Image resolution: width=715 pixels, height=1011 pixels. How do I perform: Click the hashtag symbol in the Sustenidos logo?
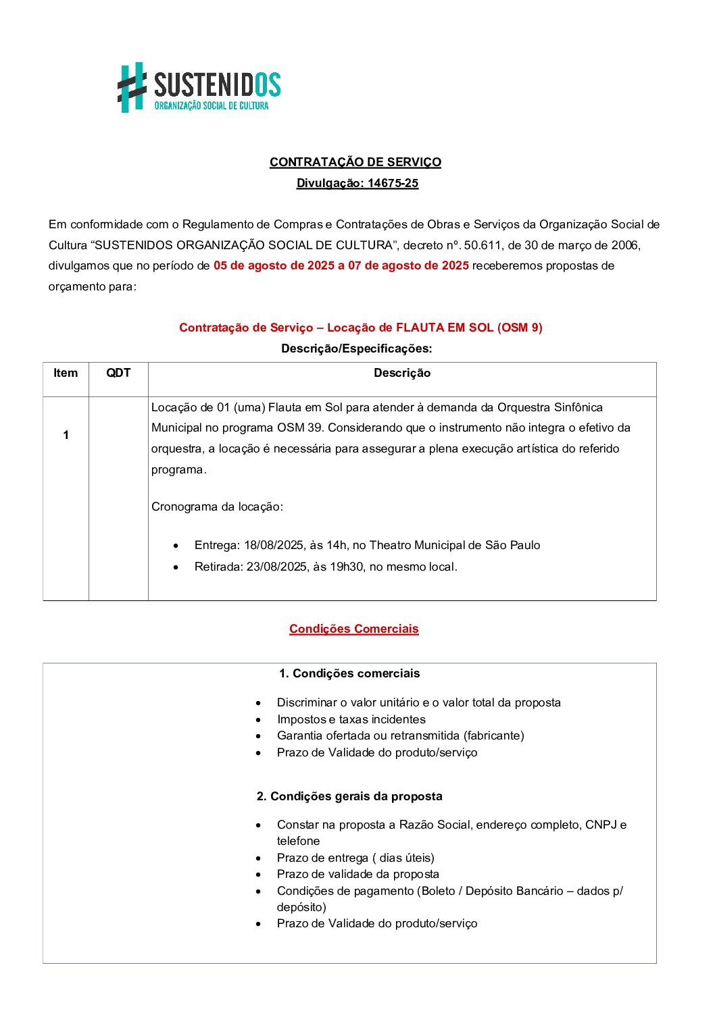pyautogui.click(x=132, y=87)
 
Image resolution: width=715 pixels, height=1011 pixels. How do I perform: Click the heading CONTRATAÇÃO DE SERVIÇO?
pyautogui.click(x=355, y=162)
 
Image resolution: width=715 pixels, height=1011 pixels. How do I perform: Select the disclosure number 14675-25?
pyautogui.click(x=393, y=183)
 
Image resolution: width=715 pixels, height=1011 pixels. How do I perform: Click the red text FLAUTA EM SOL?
pyautogui.click(x=445, y=328)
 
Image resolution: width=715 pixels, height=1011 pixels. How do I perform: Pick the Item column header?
pyautogui.click(x=66, y=373)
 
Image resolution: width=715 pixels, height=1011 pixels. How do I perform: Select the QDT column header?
pyautogui.click(x=118, y=373)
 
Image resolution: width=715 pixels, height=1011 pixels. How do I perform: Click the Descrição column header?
pyautogui.click(x=402, y=373)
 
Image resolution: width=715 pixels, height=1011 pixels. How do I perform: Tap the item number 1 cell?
pyautogui.click(x=66, y=435)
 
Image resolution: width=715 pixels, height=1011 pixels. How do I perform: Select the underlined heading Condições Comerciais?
pyautogui.click(x=353, y=629)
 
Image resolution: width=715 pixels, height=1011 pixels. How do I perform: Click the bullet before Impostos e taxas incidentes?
pyautogui.click(x=258, y=720)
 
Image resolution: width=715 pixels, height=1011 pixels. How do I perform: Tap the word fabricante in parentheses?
pyautogui.click(x=492, y=735)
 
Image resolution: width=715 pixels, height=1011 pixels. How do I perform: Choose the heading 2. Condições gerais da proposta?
pyautogui.click(x=349, y=796)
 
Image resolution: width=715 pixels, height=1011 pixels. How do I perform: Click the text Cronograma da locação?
pyautogui.click(x=217, y=507)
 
